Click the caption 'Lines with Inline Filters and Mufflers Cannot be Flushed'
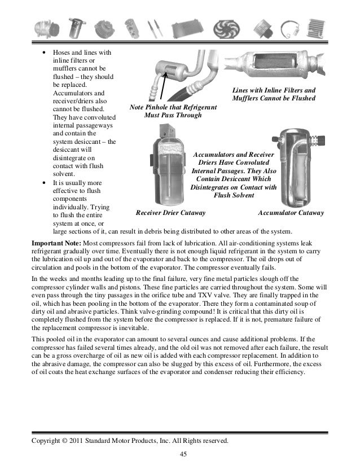pyautogui.click(x=274, y=95)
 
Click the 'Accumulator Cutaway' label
pyautogui.click(x=291, y=213)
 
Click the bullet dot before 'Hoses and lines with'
pyautogui.click(x=44, y=54)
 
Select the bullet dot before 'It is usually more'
pyautogui.click(x=44, y=183)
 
